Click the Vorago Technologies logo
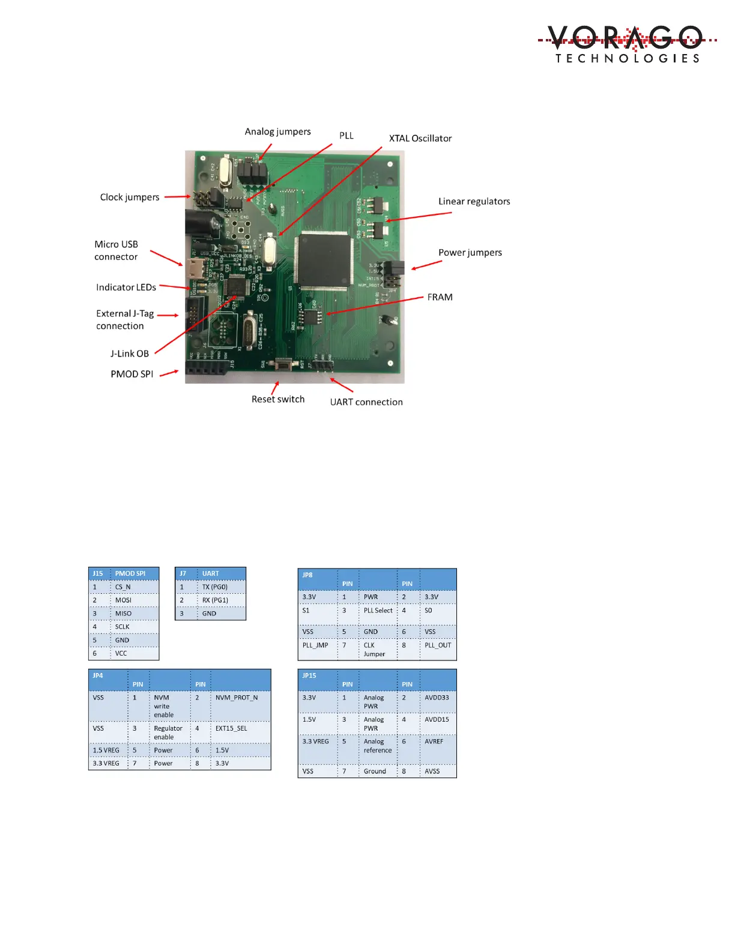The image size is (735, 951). point(627,44)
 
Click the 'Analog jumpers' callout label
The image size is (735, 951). point(277,131)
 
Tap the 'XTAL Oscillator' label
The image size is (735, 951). point(420,138)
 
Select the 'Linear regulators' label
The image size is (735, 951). point(474,201)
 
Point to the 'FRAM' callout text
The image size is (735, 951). point(440,297)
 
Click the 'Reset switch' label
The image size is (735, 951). point(278,399)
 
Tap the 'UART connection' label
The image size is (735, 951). point(366,402)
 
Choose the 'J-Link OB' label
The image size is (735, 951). point(129,354)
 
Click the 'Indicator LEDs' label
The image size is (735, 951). point(126,288)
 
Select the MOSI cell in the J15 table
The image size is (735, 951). point(123,600)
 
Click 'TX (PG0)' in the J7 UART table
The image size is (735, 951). point(215,587)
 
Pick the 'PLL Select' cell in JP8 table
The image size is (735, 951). point(378,611)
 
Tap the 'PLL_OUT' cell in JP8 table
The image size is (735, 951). point(438,645)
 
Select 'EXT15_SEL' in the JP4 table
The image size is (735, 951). point(231,728)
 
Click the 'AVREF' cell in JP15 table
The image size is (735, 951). point(434,741)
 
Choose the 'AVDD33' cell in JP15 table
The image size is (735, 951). point(437,698)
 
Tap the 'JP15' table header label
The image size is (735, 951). point(309,675)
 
